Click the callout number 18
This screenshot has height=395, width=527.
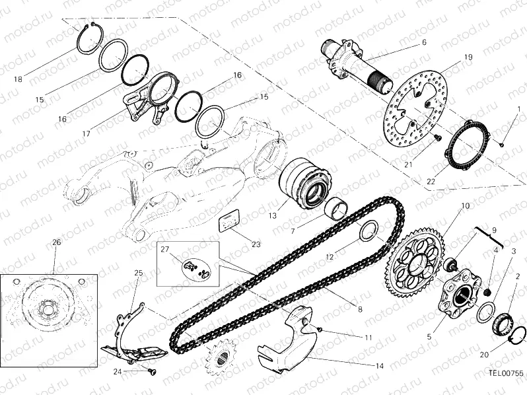tap(18, 79)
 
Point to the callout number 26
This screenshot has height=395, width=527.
tap(56, 242)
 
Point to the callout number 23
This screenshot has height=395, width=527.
tap(256, 244)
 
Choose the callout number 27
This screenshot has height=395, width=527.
tap(165, 249)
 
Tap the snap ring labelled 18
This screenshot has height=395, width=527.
tap(90, 38)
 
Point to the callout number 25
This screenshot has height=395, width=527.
tap(139, 273)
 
